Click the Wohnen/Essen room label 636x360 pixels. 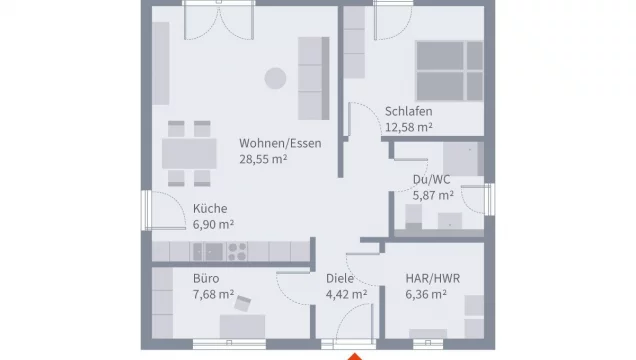[280, 143]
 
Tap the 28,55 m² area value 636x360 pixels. [265, 159]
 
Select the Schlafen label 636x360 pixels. [407, 111]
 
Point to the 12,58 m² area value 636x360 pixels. [408, 127]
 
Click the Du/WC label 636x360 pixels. [431, 180]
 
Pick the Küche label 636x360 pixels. [209, 208]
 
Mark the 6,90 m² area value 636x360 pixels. [213, 224]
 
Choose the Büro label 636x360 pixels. [205, 278]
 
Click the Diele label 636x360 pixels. [341, 278]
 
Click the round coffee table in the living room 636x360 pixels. [273, 78]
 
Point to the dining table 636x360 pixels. [189, 153]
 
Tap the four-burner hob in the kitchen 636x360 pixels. [238, 250]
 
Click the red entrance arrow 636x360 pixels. [352, 354]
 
